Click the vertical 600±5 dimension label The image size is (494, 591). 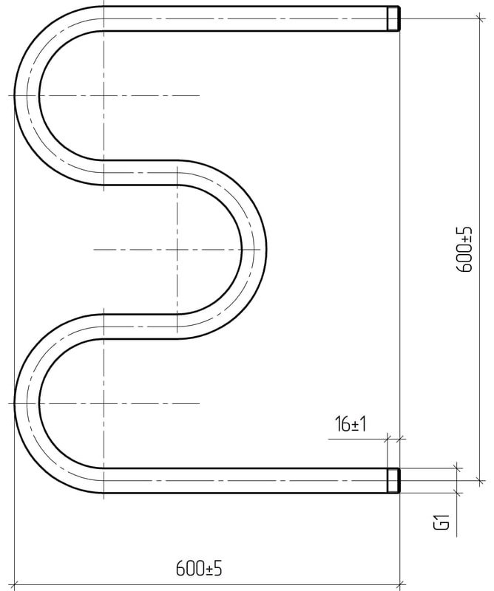coord(464,249)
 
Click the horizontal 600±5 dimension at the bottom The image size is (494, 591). coord(199,568)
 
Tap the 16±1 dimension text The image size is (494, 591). coord(351,424)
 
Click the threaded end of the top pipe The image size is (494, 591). coord(393,18)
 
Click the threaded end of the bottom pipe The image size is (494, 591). coord(393,481)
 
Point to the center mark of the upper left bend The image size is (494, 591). coord(104,96)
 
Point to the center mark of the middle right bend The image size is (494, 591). coord(177,250)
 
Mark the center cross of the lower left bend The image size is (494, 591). coord(104,403)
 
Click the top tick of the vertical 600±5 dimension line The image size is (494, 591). coord(480,18)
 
